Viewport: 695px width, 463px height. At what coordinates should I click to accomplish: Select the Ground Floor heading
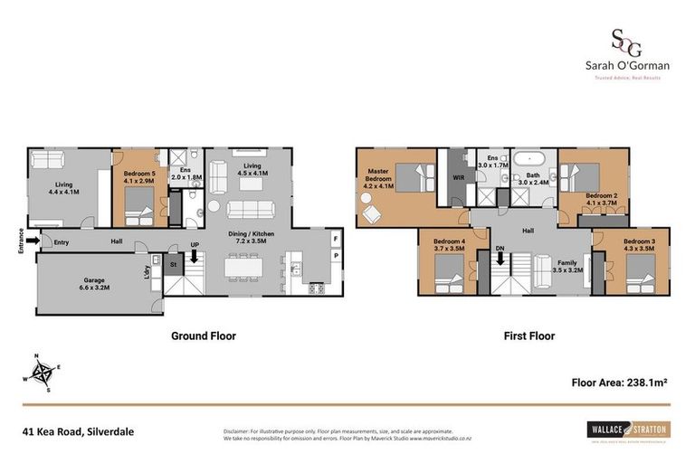(x=204, y=335)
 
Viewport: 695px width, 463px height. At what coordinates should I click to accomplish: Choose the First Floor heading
(x=528, y=335)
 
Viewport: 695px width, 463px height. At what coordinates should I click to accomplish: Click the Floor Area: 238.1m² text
(x=619, y=383)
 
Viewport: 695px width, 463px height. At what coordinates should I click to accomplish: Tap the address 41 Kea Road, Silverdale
(x=79, y=431)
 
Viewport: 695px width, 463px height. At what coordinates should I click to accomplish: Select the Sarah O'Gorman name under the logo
(x=626, y=66)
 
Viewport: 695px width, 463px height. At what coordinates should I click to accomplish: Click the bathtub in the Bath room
(x=532, y=161)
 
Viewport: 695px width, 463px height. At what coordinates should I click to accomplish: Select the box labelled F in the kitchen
(x=336, y=239)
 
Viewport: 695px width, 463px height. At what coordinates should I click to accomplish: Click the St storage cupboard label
(x=174, y=264)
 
